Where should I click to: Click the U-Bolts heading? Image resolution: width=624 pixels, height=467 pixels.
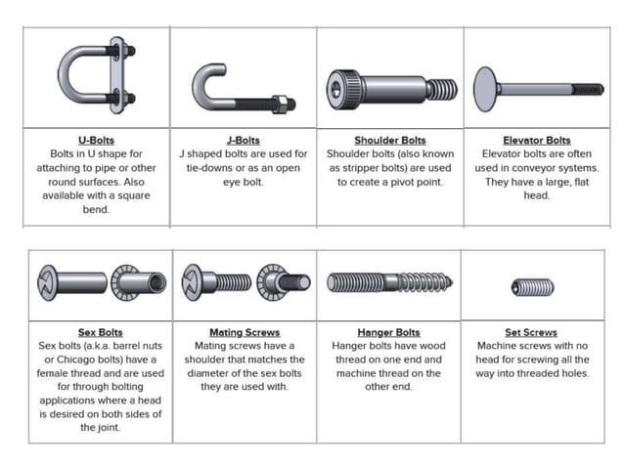96,140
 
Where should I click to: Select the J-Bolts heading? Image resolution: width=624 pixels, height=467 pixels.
243,140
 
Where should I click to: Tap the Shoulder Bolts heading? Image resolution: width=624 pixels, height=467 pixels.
389,140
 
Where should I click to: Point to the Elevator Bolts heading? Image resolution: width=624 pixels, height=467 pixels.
536,140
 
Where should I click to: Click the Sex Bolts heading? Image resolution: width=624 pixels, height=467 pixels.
100,332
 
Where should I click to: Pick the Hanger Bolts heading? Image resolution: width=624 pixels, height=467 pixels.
388,332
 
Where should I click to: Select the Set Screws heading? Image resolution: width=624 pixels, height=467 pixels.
531,332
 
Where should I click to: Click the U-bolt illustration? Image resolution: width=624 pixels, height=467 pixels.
96,76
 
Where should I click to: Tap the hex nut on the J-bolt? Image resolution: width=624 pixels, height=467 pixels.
278,101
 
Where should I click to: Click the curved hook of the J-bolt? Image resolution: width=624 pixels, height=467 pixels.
208,83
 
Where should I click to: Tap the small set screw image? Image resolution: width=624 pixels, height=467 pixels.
531,287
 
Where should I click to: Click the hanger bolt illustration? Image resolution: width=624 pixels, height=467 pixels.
388,283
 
